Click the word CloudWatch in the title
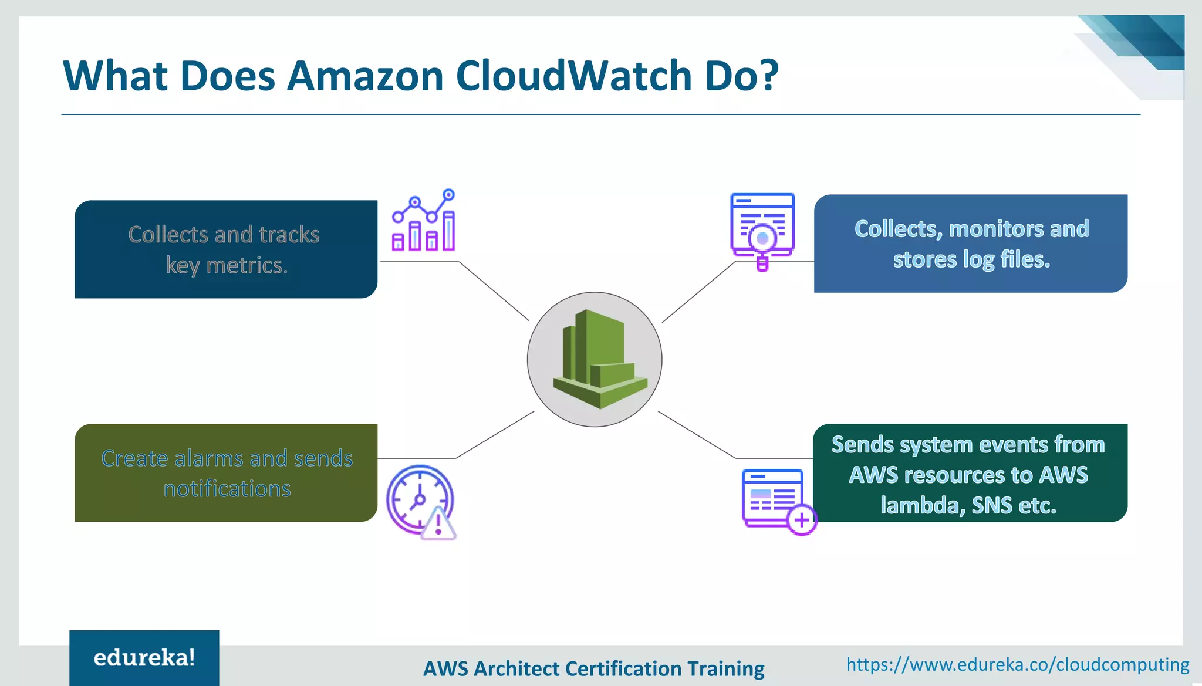[574, 76]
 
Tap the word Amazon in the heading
[364, 76]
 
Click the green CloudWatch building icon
[598, 360]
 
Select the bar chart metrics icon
[423, 221]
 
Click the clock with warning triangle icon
[420, 501]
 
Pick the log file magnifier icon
[762, 231]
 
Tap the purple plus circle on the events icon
[802, 520]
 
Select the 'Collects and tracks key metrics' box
[225, 249]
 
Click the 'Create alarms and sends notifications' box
[225, 473]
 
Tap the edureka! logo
[144, 658]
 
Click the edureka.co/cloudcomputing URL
[1017, 664]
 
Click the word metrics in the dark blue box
[247, 266]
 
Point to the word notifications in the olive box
[227, 489]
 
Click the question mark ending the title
[767, 76]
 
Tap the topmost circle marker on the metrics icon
[448, 194]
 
